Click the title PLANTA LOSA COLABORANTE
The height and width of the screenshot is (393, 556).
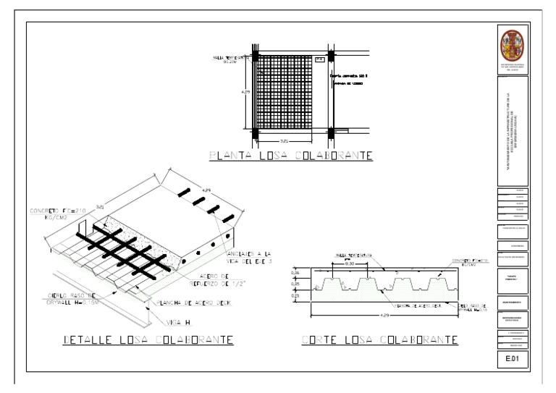[290, 156]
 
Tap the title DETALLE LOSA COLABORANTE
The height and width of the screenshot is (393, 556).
[148, 339]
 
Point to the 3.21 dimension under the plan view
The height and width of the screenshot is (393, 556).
[285, 140]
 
